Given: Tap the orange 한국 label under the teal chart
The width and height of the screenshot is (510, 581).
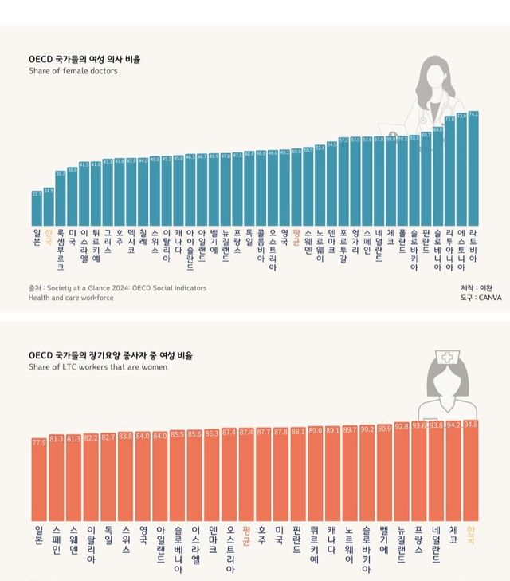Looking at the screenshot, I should pos(49,237).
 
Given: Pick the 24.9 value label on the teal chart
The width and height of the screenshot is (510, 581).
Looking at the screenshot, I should pos(49,191).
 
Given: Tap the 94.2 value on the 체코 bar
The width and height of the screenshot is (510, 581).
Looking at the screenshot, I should pos(454,425).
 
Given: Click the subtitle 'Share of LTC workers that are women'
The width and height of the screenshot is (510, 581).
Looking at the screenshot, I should pos(98,367).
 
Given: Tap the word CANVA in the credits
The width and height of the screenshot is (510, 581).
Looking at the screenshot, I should pos(490,298).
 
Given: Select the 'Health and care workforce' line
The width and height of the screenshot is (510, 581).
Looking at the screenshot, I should pos(71,298).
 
